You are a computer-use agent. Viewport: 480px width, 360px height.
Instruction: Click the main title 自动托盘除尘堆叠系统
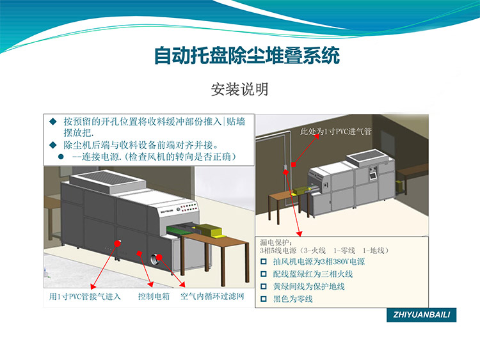coord(247,56)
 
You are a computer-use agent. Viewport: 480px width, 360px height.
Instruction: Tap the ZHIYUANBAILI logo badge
coord(422,315)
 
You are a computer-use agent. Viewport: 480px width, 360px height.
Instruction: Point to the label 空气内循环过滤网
coord(212,297)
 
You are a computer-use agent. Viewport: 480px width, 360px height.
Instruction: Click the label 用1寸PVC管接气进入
coord(84,297)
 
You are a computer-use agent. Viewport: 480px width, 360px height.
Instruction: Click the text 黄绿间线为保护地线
coord(308,286)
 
